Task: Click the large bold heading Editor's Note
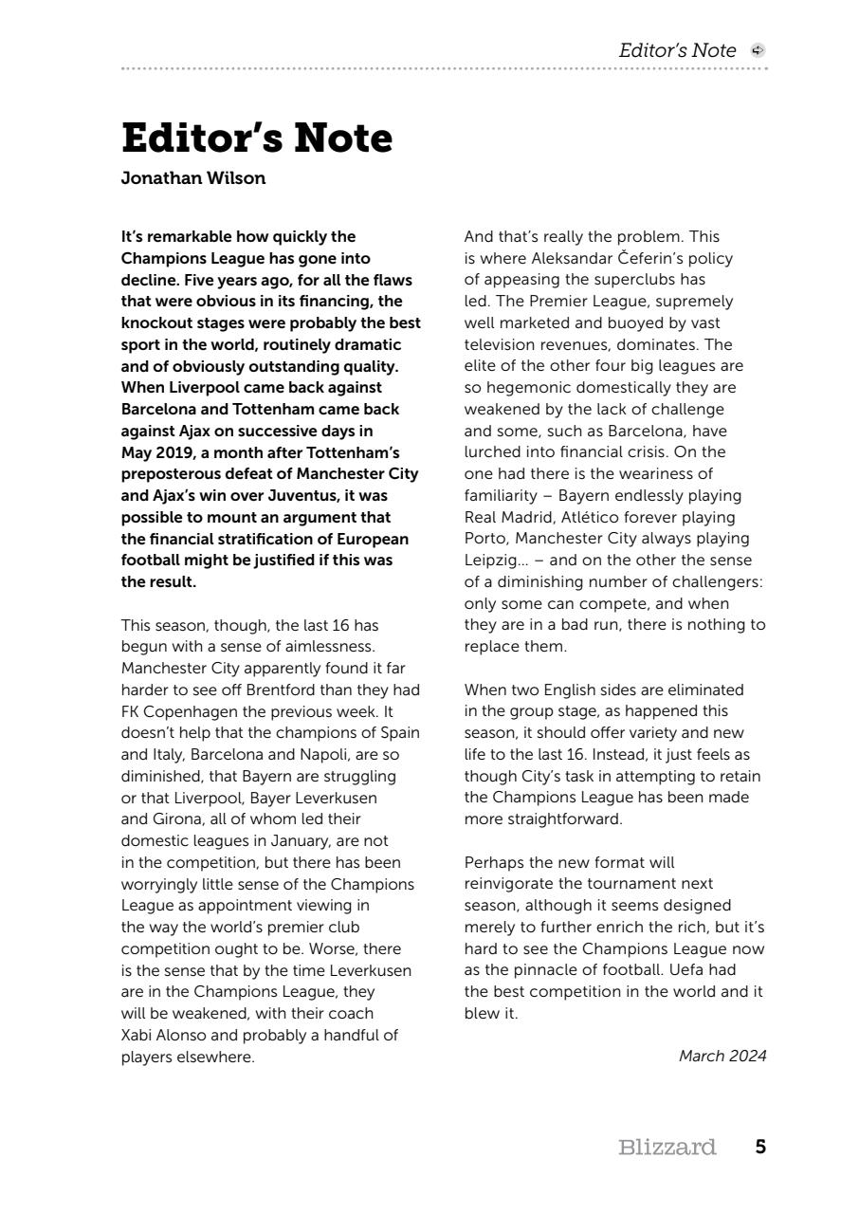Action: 257,138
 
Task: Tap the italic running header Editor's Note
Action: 677,51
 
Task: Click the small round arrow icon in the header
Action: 757,51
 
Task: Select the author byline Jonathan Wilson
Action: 193,178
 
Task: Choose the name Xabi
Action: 138,1035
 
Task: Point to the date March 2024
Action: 722,1056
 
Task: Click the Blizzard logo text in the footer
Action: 667,1148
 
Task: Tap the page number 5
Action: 760,1148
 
